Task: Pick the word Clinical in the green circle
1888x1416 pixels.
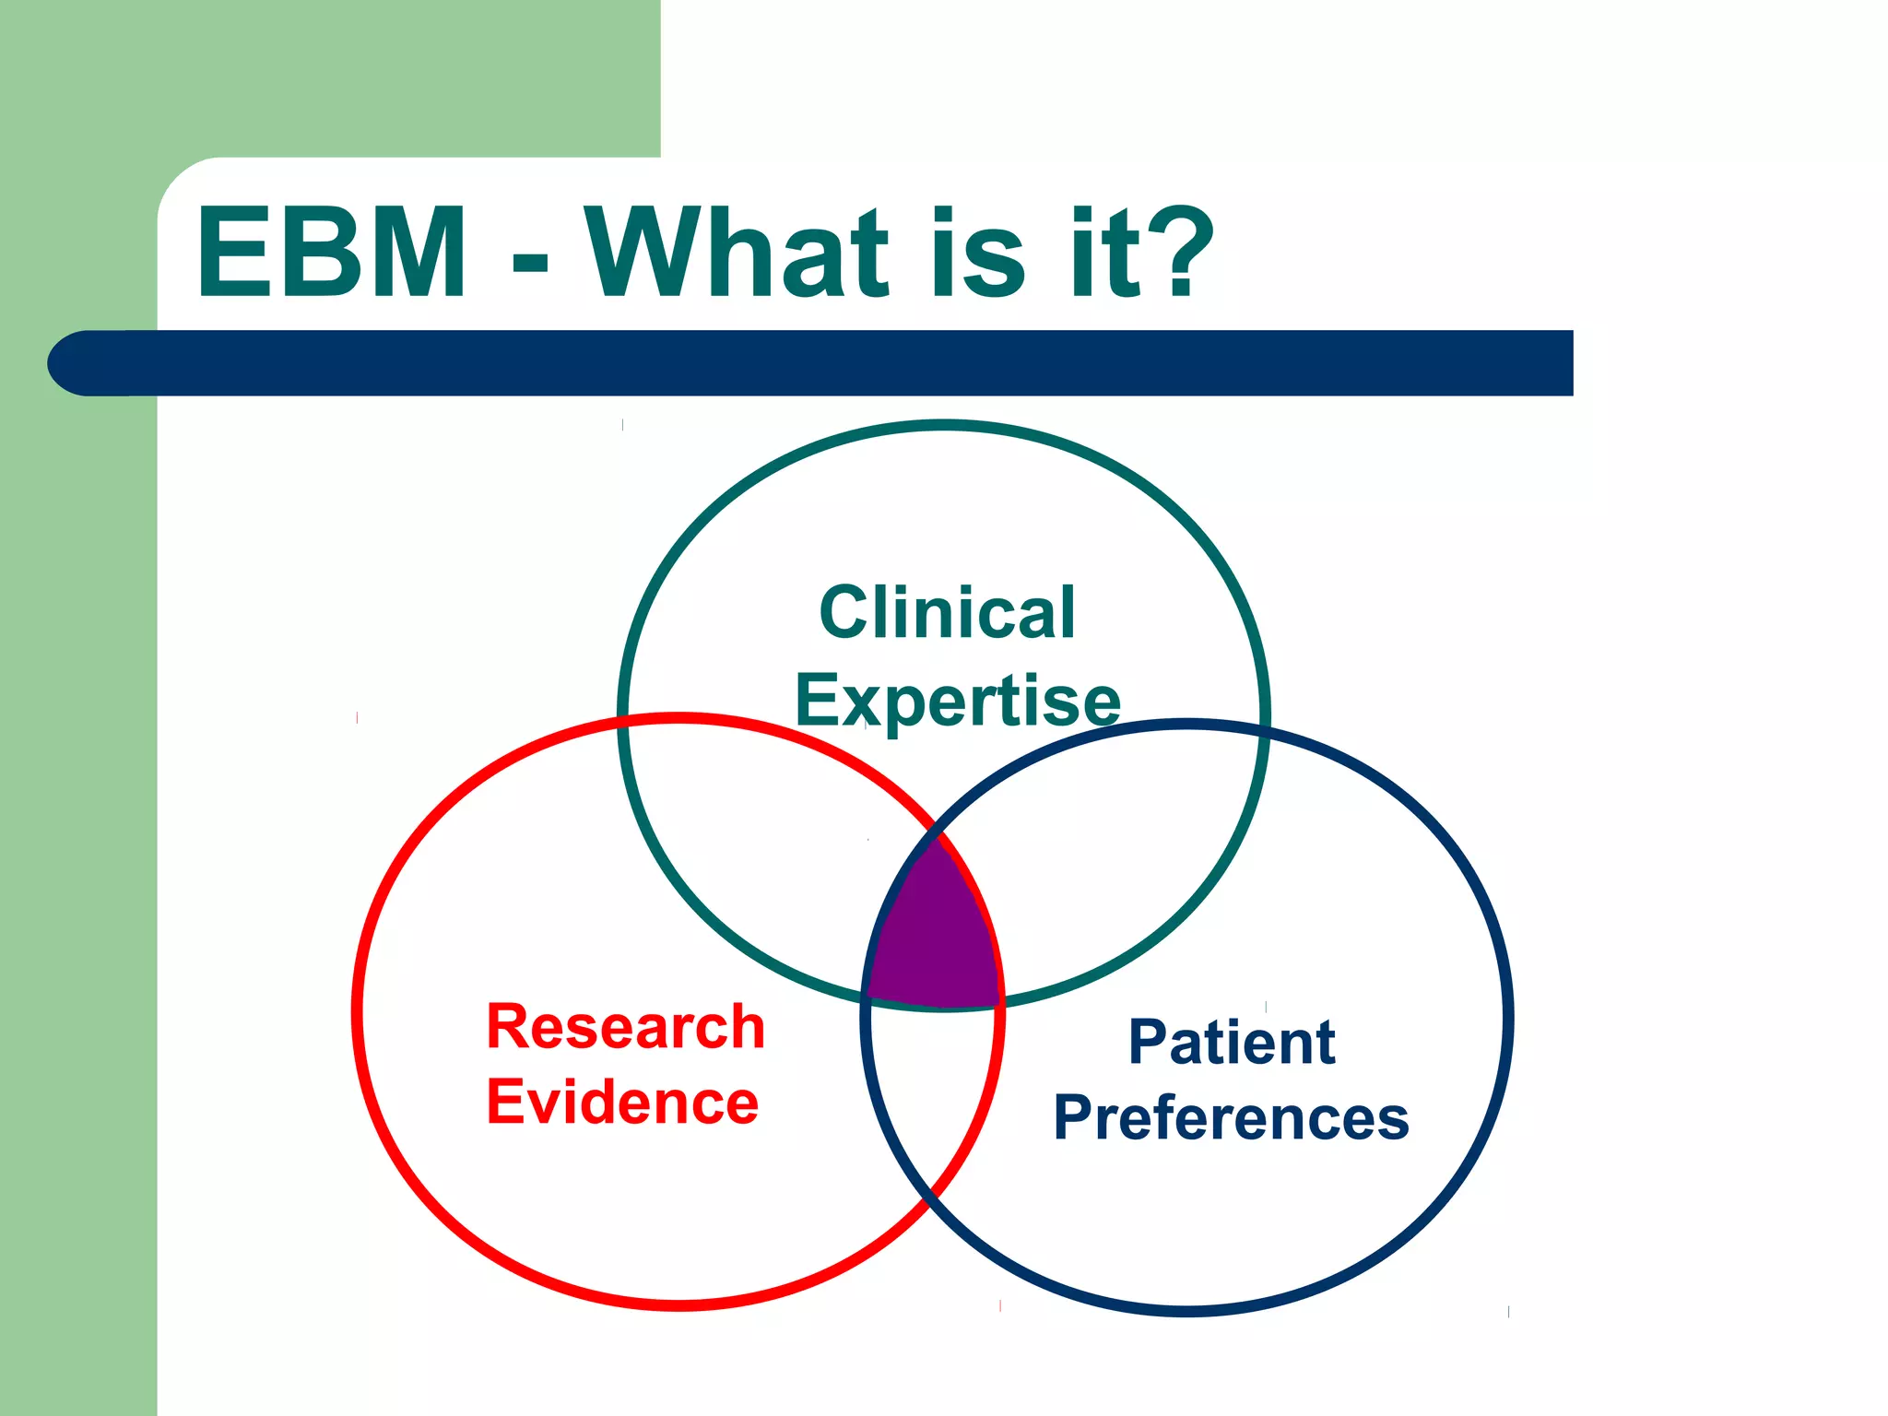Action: tap(947, 613)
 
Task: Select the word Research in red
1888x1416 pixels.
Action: tap(625, 1027)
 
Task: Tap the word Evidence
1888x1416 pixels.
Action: tap(622, 1103)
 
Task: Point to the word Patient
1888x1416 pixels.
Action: tap(1232, 1043)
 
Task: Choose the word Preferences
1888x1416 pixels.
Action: tap(1231, 1118)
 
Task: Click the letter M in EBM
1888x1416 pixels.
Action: tap(416, 254)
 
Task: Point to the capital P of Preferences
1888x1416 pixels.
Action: tap(1075, 1117)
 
